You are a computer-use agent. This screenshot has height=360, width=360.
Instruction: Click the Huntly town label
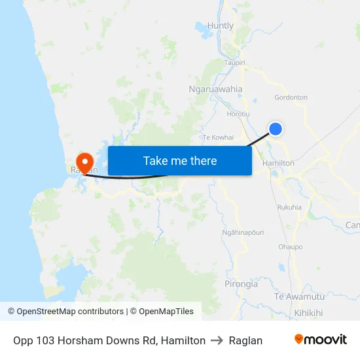220,26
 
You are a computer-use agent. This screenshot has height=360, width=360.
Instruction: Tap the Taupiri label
234,63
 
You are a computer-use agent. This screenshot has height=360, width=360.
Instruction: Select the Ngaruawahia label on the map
215,89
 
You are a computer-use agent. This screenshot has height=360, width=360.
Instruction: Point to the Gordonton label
291,98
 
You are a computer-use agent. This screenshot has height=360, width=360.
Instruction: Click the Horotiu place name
238,113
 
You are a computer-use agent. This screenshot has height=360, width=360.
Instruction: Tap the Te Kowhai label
218,137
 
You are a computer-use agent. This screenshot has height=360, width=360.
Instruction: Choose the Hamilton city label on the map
278,163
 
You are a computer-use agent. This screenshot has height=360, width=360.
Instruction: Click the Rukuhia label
289,207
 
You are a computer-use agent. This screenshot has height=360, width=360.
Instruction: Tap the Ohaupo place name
291,247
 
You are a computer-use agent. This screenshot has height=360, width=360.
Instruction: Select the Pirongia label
242,284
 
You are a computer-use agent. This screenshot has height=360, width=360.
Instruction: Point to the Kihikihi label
308,313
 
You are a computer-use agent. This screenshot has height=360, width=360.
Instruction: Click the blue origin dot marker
276,129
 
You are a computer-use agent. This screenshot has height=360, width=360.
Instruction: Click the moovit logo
321,340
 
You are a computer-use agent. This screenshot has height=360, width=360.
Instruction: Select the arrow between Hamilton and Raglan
217,340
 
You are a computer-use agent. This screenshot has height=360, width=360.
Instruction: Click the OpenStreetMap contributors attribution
65,312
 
